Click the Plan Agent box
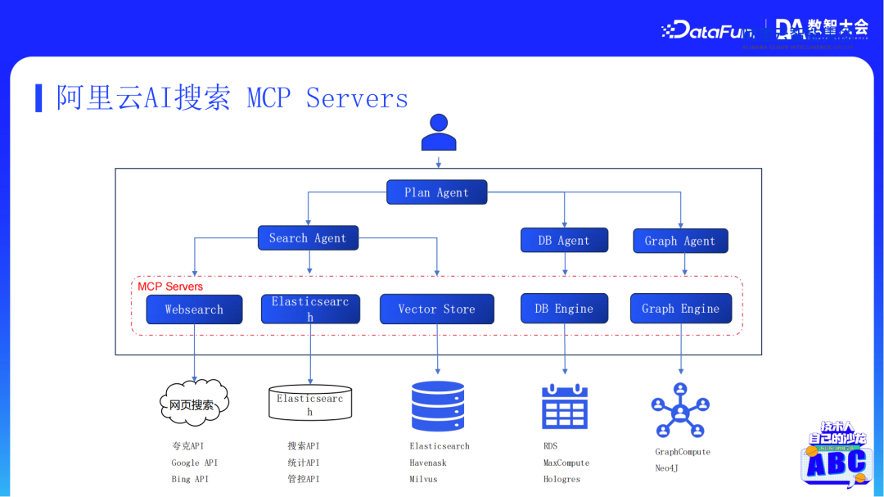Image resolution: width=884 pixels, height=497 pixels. click(x=437, y=192)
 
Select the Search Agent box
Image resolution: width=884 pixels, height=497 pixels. click(x=308, y=238)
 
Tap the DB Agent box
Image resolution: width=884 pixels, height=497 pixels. click(x=564, y=240)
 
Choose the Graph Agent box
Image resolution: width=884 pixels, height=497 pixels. click(x=680, y=241)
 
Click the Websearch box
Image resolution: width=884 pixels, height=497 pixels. click(x=194, y=309)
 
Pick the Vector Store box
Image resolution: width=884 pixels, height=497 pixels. click(x=436, y=309)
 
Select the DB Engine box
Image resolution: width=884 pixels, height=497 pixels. click(x=564, y=309)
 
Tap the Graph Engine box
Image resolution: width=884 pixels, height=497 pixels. click(x=680, y=309)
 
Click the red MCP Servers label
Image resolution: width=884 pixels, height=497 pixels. click(x=170, y=287)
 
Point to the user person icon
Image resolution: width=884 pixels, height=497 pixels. click(x=439, y=133)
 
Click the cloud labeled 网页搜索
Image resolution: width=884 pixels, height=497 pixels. click(x=193, y=404)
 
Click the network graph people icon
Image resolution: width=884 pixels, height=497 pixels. click(x=680, y=410)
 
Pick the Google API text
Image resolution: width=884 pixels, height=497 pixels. click(x=194, y=463)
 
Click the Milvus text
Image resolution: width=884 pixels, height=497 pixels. click(x=423, y=479)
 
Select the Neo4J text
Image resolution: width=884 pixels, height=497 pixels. click(x=666, y=468)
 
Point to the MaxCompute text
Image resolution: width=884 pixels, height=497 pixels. click(x=566, y=463)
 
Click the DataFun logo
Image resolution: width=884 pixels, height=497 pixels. click(x=709, y=30)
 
